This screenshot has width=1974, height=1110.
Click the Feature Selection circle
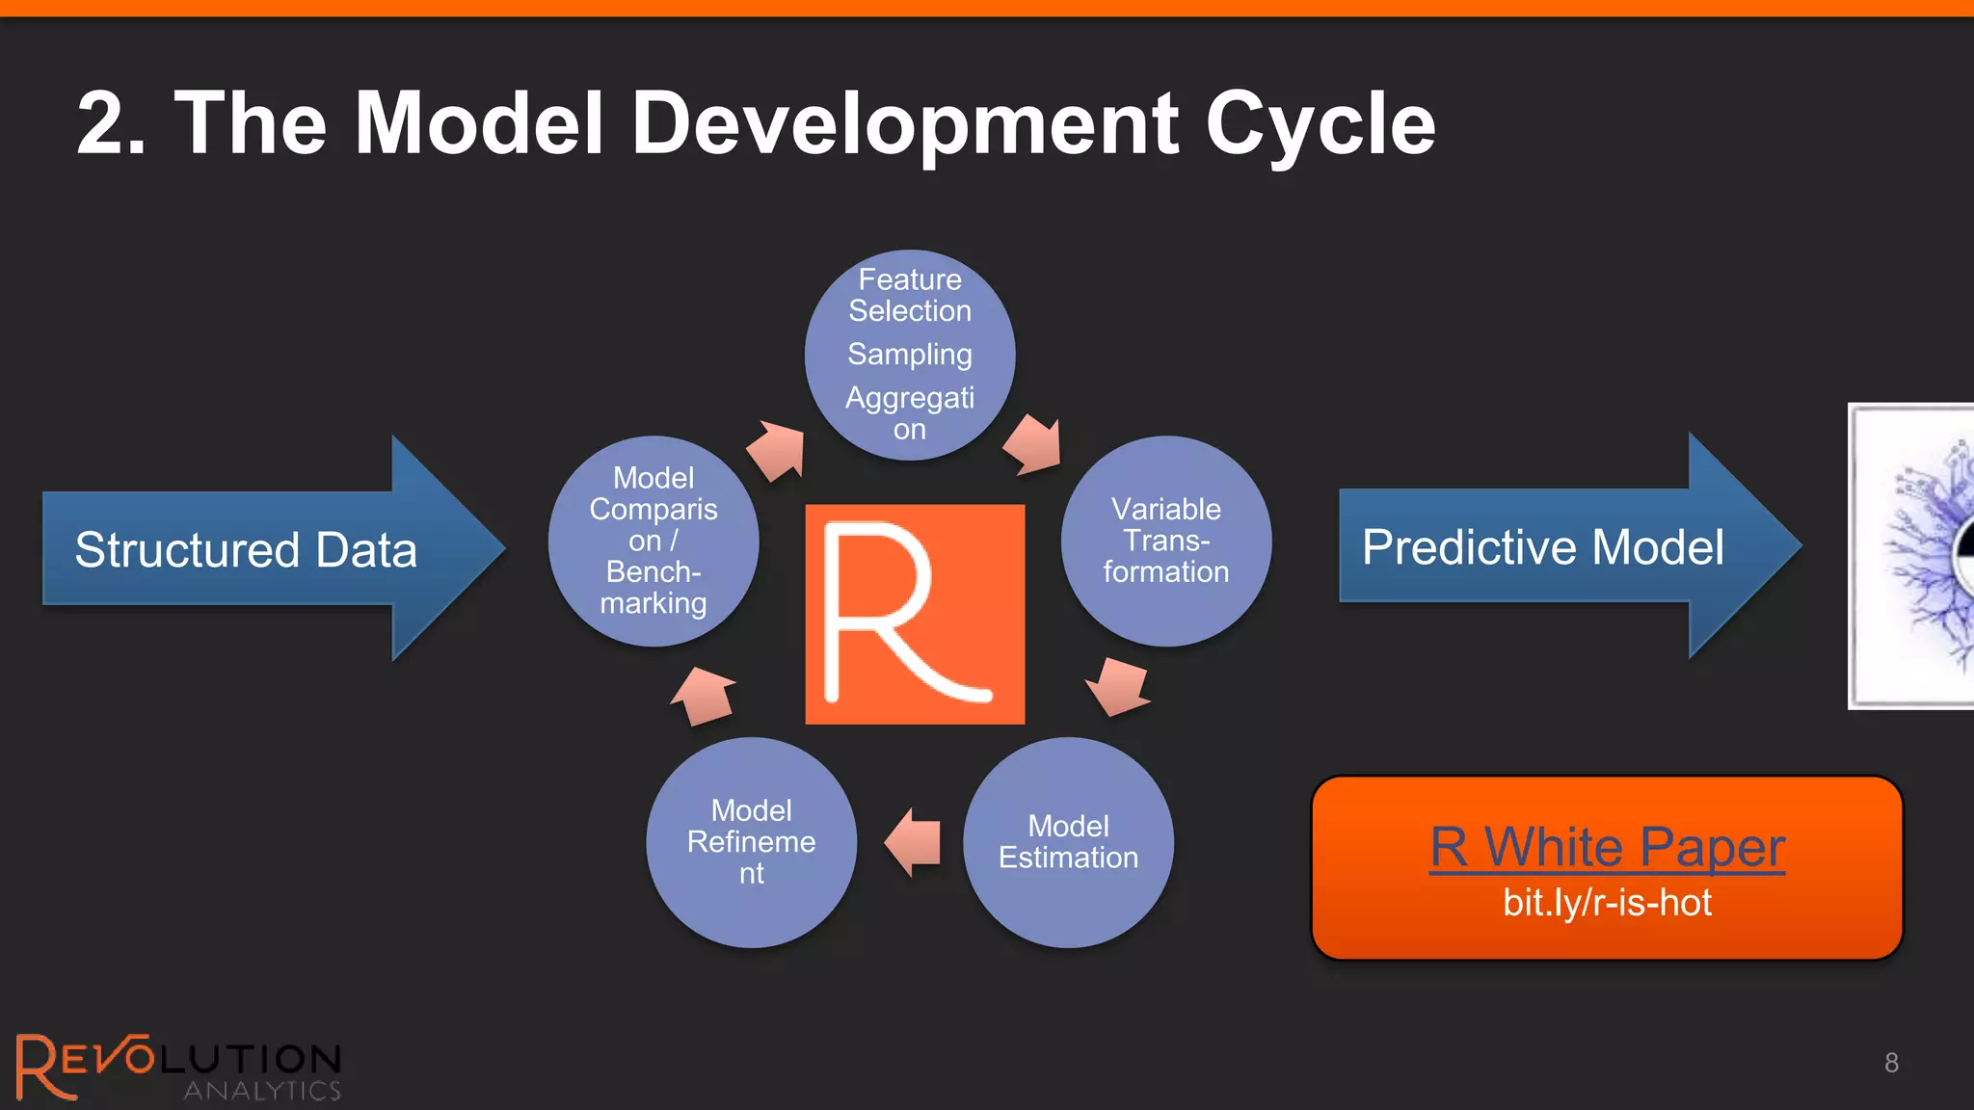(910, 355)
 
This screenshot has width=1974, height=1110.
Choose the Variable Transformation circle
(1166, 541)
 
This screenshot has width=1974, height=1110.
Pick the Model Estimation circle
(1068, 842)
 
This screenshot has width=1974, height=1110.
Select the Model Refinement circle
(751, 842)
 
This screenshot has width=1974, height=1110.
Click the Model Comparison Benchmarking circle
(654, 541)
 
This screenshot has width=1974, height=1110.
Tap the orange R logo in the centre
(915, 614)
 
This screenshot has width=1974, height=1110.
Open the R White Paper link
(1607, 847)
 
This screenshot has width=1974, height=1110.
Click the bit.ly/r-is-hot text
(1607, 903)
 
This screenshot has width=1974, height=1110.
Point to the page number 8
(1891, 1063)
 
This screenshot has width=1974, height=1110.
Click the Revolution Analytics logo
(178, 1066)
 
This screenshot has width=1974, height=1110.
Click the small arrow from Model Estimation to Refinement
(914, 842)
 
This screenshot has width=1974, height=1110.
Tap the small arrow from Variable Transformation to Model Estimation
(1118, 687)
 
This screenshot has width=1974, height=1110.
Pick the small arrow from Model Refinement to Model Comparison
(704, 695)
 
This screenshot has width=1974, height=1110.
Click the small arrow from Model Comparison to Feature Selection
(777, 450)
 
